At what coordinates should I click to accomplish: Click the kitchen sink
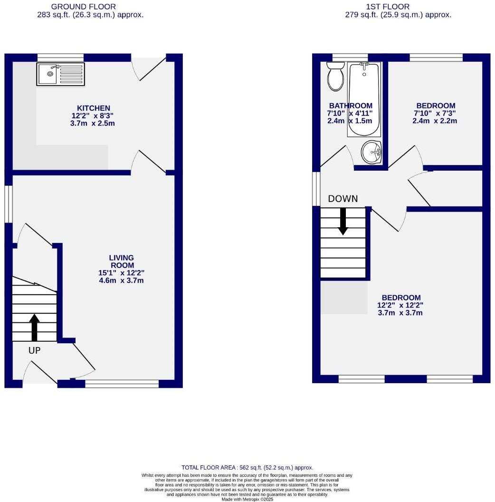click(x=61, y=74)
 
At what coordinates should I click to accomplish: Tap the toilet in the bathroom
click(x=336, y=78)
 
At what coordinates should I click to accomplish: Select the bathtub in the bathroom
click(x=364, y=99)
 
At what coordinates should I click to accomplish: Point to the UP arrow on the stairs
click(x=34, y=327)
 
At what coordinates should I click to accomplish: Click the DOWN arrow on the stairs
click(x=343, y=222)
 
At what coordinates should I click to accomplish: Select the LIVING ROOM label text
click(x=122, y=261)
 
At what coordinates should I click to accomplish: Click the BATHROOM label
click(x=351, y=106)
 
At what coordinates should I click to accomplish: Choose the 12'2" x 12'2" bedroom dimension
click(x=400, y=305)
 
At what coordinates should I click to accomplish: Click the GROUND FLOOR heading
click(x=90, y=7)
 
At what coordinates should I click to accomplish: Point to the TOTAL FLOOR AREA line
click(x=247, y=468)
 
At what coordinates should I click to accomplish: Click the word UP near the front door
click(x=35, y=351)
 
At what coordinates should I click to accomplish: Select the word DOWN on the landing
click(x=343, y=199)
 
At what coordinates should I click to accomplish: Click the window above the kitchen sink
click(x=61, y=58)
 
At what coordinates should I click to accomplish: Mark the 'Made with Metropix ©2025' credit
click(x=247, y=499)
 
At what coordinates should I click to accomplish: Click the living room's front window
click(x=122, y=384)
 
